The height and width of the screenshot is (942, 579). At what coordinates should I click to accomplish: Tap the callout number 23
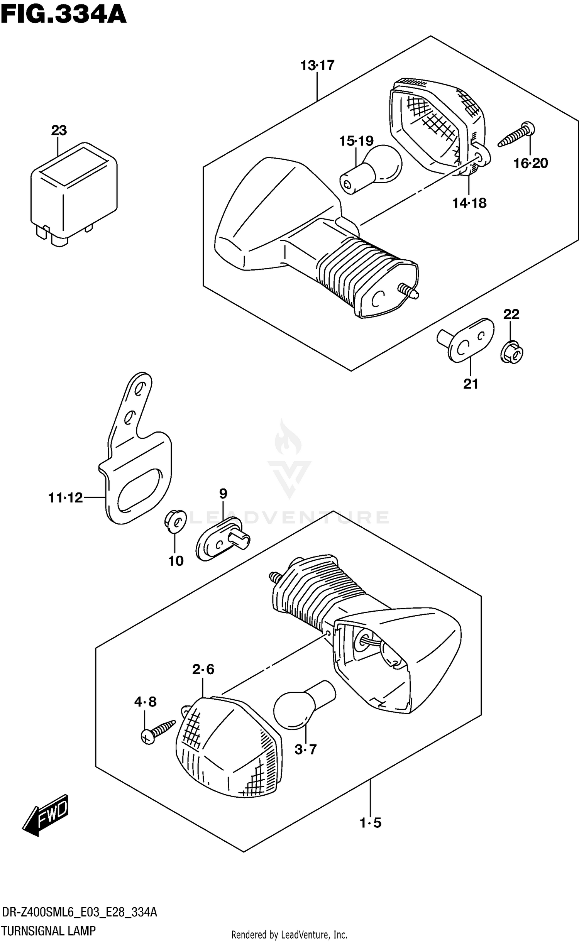point(59,130)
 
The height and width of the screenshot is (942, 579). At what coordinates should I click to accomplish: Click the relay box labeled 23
point(73,193)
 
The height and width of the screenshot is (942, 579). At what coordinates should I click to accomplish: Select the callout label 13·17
point(317,66)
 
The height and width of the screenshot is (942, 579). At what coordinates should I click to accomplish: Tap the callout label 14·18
point(469,203)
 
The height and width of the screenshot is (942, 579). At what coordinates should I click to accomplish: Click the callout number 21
point(471,384)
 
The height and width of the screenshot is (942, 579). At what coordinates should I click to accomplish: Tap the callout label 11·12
point(66,498)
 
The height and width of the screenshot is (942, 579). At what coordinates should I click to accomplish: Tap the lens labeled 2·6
point(228,747)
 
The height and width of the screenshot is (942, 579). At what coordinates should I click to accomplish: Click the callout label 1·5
point(371,823)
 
